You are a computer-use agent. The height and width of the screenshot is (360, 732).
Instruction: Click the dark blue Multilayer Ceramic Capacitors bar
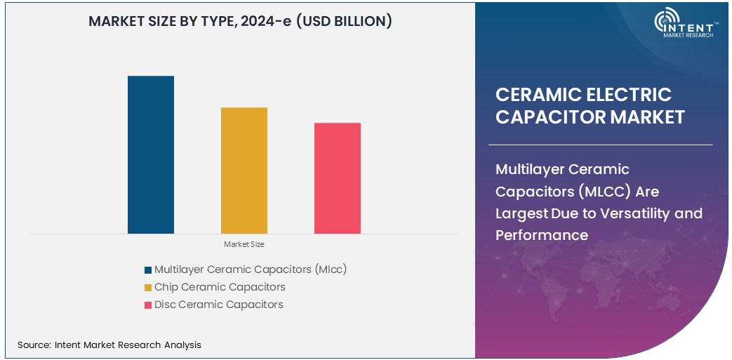pos(150,154)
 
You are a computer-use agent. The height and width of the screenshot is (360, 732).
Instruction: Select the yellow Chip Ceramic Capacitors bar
pos(244,170)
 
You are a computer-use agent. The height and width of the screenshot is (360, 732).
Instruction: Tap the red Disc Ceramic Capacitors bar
pos(337,178)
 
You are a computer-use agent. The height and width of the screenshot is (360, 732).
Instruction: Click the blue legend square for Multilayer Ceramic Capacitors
pos(148,269)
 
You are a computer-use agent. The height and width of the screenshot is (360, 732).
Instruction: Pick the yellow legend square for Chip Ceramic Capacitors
pos(148,287)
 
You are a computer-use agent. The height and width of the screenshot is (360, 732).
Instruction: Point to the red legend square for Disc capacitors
pos(148,305)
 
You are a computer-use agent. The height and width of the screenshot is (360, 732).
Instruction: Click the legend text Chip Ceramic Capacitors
pos(220,287)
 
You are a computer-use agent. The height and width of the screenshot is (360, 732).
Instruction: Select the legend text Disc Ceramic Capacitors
pos(219,305)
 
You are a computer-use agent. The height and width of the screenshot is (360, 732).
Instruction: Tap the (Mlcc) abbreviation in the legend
pos(331,269)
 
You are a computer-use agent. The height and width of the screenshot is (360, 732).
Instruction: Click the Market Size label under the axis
pos(244,244)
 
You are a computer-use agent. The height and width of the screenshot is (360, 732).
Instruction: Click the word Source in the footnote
pos(33,345)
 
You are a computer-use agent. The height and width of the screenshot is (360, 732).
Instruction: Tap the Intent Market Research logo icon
pos(667,22)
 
